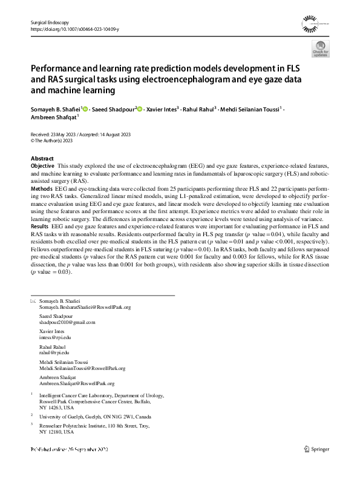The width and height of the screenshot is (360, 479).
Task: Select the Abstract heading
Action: (x=42, y=159)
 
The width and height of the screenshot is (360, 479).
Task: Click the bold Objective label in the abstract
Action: (x=42, y=165)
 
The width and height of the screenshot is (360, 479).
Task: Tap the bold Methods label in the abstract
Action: (x=41, y=188)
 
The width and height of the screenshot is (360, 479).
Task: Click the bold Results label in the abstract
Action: (x=40, y=226)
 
